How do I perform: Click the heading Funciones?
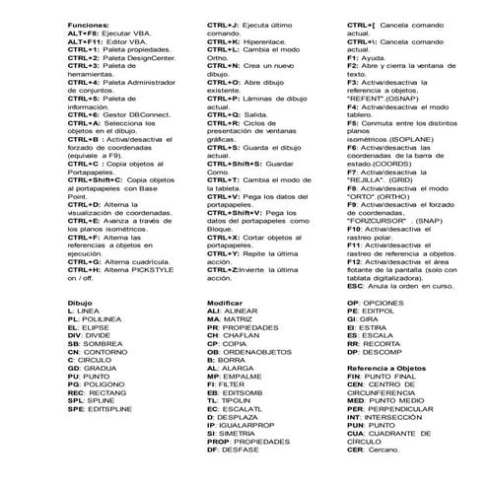(89, 22)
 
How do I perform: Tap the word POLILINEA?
(104, 319)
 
